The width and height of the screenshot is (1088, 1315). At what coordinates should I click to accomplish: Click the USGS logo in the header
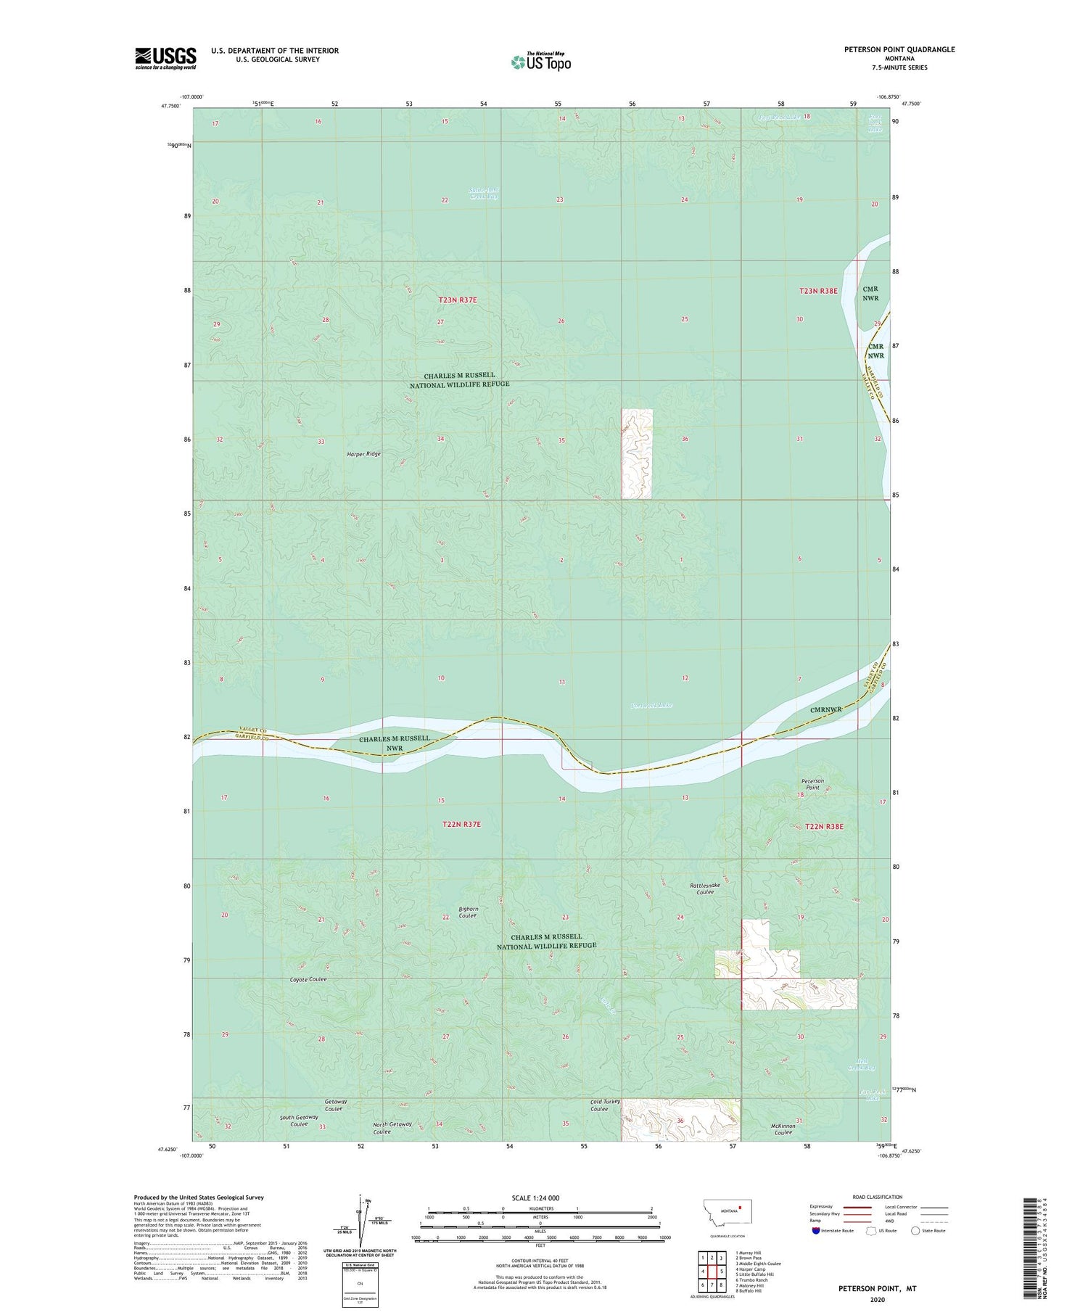(x=165, y=58)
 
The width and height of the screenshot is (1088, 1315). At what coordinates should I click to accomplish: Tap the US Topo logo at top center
(x=540, y=62)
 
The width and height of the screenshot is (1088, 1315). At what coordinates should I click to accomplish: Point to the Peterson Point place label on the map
(x=812, y=784)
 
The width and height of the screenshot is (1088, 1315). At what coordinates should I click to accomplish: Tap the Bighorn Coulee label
(x=468, y=912)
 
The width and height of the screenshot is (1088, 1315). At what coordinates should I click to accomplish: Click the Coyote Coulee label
(x=308, y=979)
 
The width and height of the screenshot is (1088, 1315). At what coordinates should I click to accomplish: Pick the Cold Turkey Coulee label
(x=599, y=1105)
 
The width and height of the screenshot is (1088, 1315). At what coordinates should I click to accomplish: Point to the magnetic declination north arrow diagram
(x=360, y=1218)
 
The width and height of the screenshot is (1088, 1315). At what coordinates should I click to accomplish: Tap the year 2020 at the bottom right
(x=878, y=1300)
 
